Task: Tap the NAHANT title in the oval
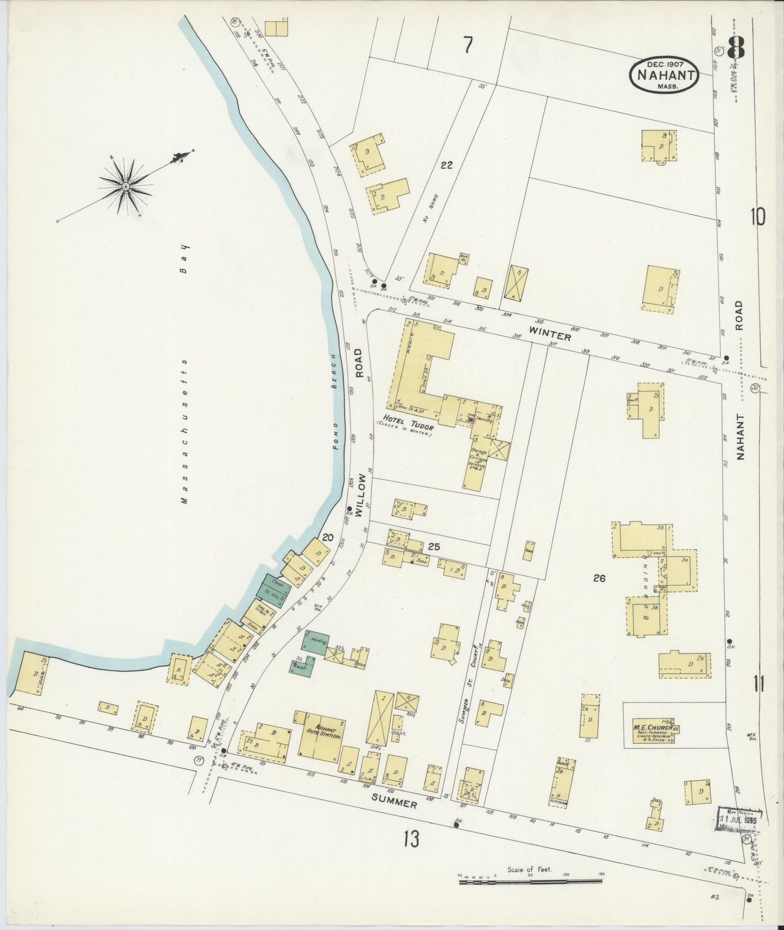tap(665, 75)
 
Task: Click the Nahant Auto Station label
tap(324, 733)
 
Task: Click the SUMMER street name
tap(394, 801)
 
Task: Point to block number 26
tap(599, 578)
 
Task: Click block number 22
tap(447, 165)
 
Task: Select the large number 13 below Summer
tap(411, 839)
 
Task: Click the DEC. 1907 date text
tap(664, 65)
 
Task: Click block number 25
tap(433, 547)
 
